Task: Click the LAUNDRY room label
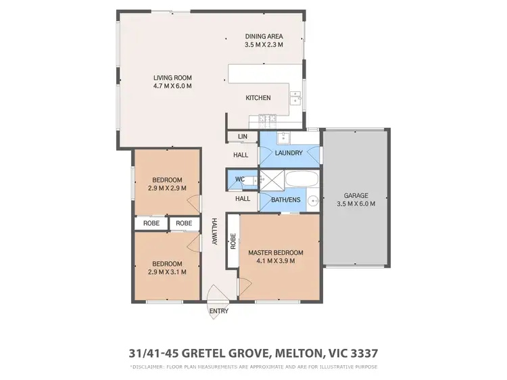click(x=289, y=153)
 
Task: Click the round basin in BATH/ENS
click(x=313, y=201)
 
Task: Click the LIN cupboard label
click(x=242, y=137)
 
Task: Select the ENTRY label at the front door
click(x=219, y=312)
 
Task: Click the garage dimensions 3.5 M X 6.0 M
click(x=356, y=204)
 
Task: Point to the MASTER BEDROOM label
click(x=275, y=253)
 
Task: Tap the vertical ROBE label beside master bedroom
click(x=233, y=242)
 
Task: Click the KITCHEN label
click(x=258, y=98)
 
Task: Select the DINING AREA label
click(x=264, y=37)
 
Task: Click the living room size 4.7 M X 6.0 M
click(x=173, y=87)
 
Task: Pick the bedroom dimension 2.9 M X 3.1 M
click(x=166, y=272)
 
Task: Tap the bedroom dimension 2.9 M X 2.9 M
click(x=166, y=189)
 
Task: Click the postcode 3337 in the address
click(x=364, y=352)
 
